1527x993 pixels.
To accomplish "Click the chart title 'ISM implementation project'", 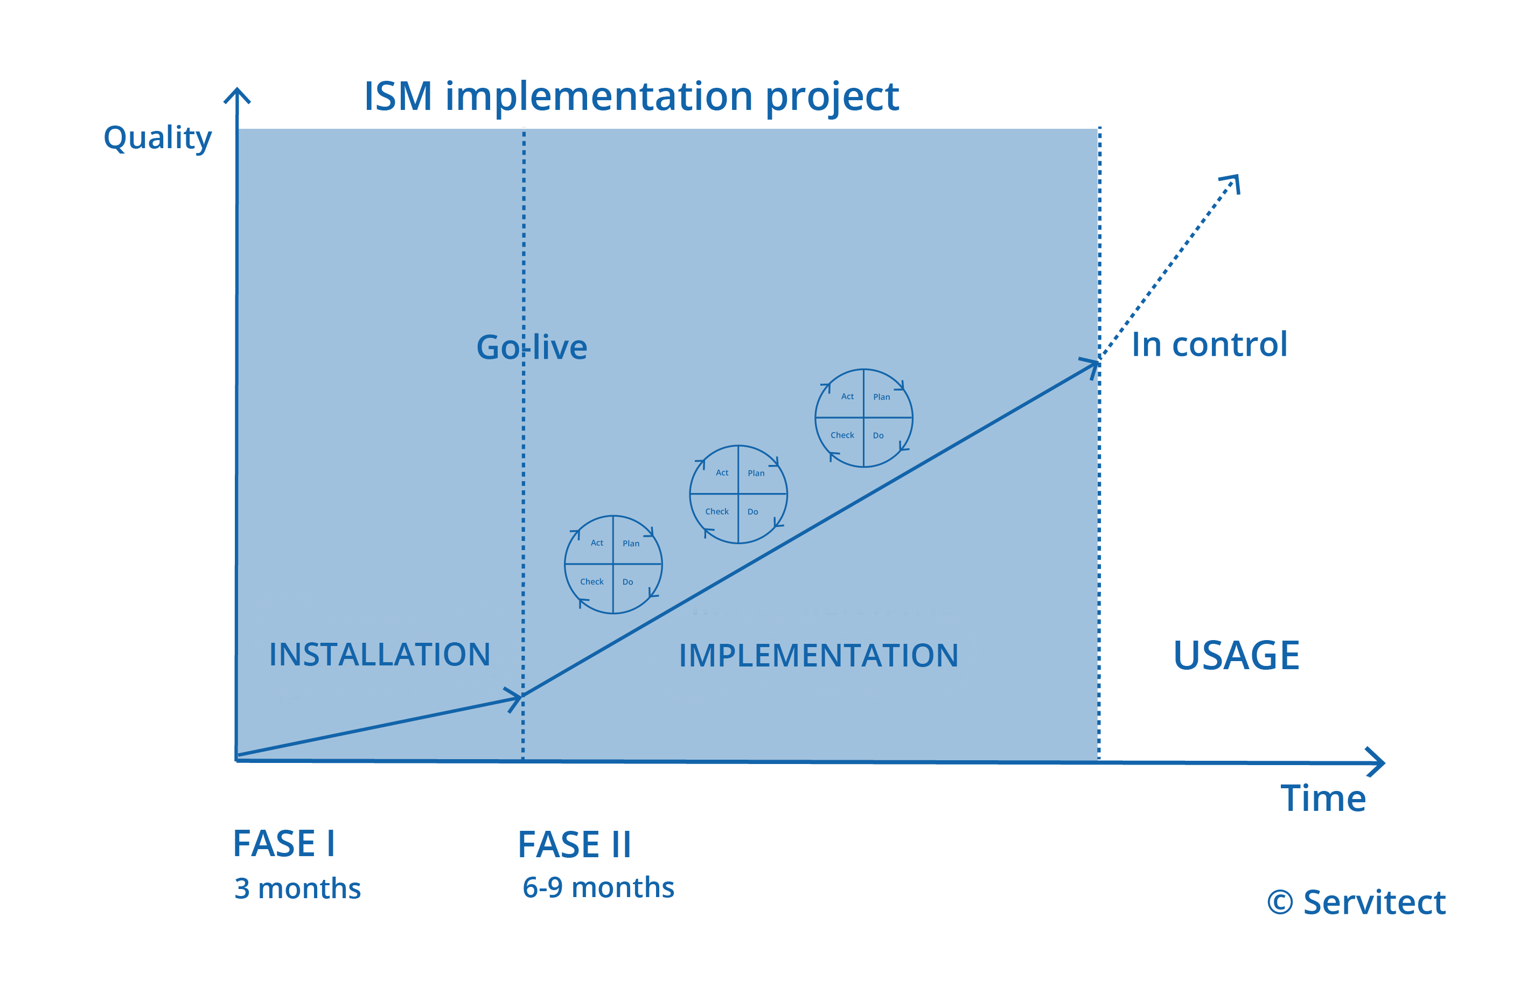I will (x=631, y=98).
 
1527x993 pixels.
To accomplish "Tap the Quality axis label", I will (x=157, y=138).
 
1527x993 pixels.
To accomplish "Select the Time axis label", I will (x=1323, y=798).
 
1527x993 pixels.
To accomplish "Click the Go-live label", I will (x=531, y=348).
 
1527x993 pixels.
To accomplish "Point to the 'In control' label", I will (x=1209, y=344).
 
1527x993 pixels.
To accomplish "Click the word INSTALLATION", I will (x=379, y=655).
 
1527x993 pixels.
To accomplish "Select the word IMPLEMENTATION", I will (x=818, y=655).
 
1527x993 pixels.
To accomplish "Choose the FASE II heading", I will (x=574, y=845).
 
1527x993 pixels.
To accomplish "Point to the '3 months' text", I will (x=298, y=889).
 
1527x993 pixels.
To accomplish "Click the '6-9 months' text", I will (x=598, y=888).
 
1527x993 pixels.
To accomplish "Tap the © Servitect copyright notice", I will (x=1356, y=902).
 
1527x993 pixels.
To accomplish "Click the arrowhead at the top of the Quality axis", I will (x=237, y=95).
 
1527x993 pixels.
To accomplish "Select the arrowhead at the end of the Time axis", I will (x=1376, y=762).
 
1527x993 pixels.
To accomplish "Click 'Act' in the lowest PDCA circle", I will (x=597, y=543).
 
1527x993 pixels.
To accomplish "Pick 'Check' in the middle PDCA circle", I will (x=717, y=511).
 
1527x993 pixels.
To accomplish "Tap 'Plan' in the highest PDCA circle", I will (x=882, y=397).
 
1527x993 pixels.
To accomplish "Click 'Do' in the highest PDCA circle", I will (x=878, y=436).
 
